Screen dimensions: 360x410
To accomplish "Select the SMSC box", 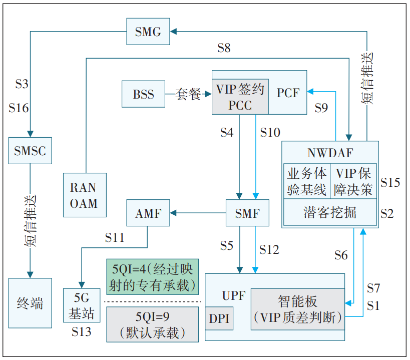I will [30, 150].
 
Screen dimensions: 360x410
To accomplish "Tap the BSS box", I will [143, 94].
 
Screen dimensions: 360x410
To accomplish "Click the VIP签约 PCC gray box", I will [240, 96].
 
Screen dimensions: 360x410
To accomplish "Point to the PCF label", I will [288, 93].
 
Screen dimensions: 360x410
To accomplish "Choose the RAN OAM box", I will [85, 195].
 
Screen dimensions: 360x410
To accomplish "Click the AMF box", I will [148, 213].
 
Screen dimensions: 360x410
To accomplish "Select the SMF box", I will [247, 213].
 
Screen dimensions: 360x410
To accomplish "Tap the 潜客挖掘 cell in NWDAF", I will [330, 212].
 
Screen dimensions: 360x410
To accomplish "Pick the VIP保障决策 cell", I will [353, 181].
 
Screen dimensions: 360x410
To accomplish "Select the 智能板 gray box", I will [297, 309].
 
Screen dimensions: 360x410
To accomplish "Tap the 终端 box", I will [30, 303].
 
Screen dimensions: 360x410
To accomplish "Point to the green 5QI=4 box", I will [152, 276].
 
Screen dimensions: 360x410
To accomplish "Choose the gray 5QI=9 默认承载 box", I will [152, 324].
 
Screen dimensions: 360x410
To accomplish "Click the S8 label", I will [224, 48].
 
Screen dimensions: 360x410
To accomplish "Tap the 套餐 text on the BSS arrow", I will [188, 94].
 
